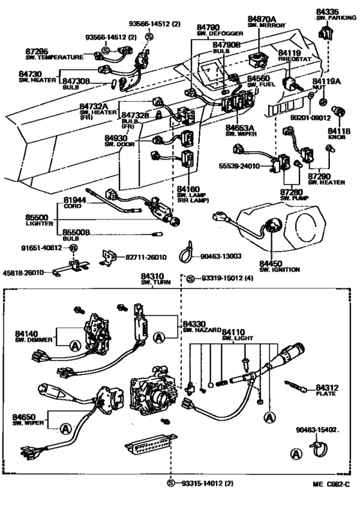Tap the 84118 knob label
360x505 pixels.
coord(341,131)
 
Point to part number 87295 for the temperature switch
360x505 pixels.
coord(37,50)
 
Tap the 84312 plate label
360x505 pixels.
coord(327,388)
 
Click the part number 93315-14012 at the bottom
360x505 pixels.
coord(208,482)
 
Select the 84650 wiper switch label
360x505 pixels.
coord(25,418)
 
